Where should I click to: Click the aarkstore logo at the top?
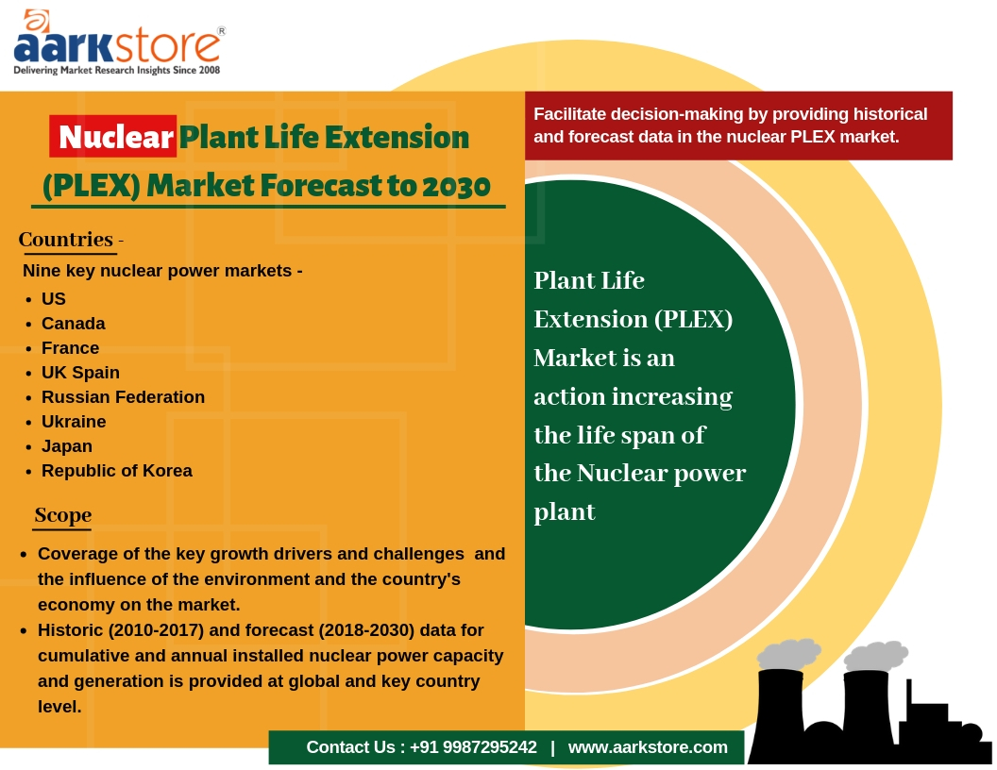(118, 43)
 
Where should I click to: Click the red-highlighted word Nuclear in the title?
(115, 138)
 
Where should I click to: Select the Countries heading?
(66, 240)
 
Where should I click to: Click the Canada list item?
(74, 324)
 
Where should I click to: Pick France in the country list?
(71, 348)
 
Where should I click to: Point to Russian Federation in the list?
(124, 397)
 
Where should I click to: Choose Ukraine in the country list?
(74, 422)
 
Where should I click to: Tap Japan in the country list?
(67, 446)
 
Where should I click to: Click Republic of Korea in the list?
(117, 471)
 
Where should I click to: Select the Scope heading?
(63, 515)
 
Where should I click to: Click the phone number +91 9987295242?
(473, 747)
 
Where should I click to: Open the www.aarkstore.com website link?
(648, 747)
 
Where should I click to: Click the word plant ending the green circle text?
(565, 512)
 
